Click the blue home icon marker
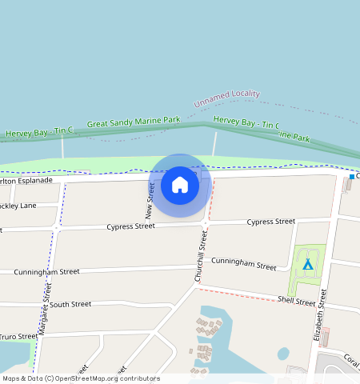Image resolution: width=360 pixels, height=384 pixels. coord(180,185)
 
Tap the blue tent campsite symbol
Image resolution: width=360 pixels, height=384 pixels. coord(307,263)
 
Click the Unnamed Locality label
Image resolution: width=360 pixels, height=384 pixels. coord(226,98)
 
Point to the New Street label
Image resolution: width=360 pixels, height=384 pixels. coord(149,200)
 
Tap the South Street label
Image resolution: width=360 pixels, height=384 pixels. coord(70,304)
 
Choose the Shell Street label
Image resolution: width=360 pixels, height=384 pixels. coord(297,301)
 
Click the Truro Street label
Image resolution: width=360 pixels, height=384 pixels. coord(17,337)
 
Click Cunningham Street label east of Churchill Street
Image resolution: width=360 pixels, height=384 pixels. coord(243,263)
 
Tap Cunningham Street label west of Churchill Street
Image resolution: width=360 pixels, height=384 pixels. coord(46,272)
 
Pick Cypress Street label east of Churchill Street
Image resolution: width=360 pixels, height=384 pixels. coord(271,221)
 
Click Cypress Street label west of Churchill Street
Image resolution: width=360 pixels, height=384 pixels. coord(130,226)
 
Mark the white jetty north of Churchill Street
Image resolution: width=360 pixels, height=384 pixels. coord(214,144)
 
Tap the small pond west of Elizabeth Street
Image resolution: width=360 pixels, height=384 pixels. coord(283,353)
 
